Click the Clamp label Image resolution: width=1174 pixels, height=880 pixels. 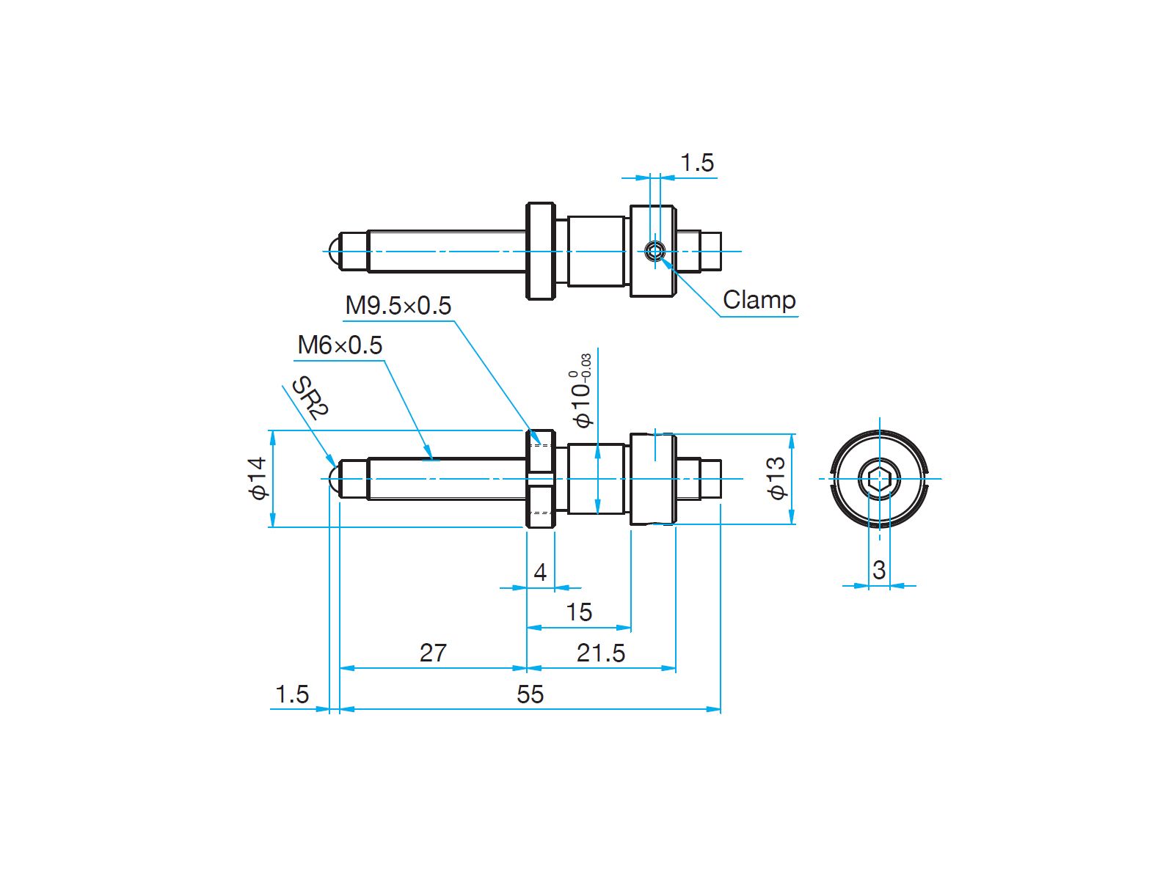759,300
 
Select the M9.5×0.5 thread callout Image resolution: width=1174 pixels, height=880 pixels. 398,306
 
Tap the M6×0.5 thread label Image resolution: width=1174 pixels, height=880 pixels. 340,345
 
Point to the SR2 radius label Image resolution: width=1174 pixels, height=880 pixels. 310,397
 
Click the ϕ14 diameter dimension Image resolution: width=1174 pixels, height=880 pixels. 258,478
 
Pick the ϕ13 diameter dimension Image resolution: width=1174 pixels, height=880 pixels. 777,478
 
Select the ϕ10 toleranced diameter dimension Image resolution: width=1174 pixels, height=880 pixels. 581,391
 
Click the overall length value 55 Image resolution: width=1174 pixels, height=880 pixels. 530,694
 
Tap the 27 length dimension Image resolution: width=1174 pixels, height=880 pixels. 433,653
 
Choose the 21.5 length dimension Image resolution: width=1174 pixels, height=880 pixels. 601,653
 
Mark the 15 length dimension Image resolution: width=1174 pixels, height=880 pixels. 579,612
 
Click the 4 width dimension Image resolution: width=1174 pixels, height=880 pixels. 540,573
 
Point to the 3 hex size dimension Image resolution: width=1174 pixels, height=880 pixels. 879,570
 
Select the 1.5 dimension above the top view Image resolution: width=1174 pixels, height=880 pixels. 697,162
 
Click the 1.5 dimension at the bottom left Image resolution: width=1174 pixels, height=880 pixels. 292,694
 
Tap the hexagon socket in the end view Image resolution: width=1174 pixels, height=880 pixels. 879,479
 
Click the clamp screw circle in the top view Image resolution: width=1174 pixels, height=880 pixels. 655,251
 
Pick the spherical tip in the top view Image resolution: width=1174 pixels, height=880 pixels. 334,251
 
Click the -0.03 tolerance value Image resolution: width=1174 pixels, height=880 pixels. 586,367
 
